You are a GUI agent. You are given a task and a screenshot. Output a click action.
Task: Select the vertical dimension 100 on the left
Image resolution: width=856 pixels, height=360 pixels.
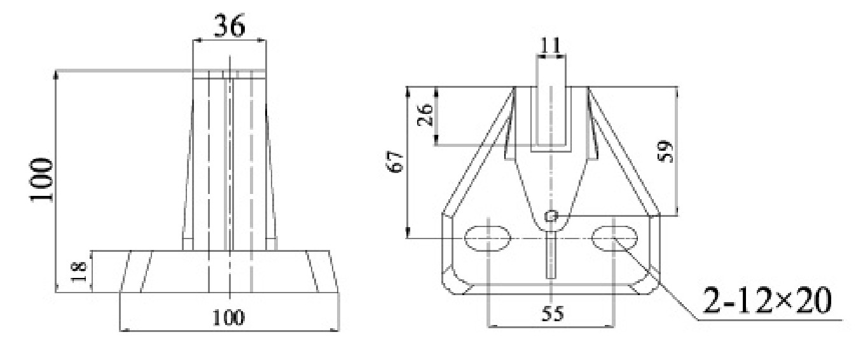(x=42, y=181)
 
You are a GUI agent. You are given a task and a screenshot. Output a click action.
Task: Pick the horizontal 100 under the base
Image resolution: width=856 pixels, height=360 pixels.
(x=228, y=316)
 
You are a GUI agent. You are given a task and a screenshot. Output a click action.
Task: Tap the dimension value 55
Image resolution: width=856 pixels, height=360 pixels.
(x=551, y=314)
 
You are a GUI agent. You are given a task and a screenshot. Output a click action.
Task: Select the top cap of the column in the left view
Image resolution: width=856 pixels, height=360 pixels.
(x=229, y=74)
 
